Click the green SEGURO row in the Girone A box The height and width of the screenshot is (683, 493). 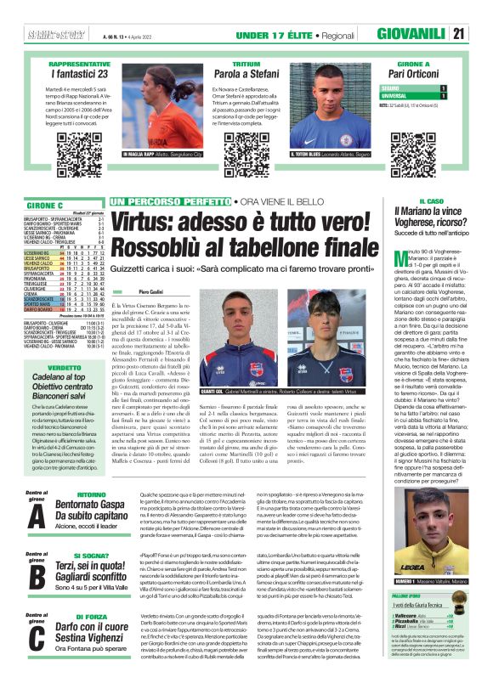[413, 87]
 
